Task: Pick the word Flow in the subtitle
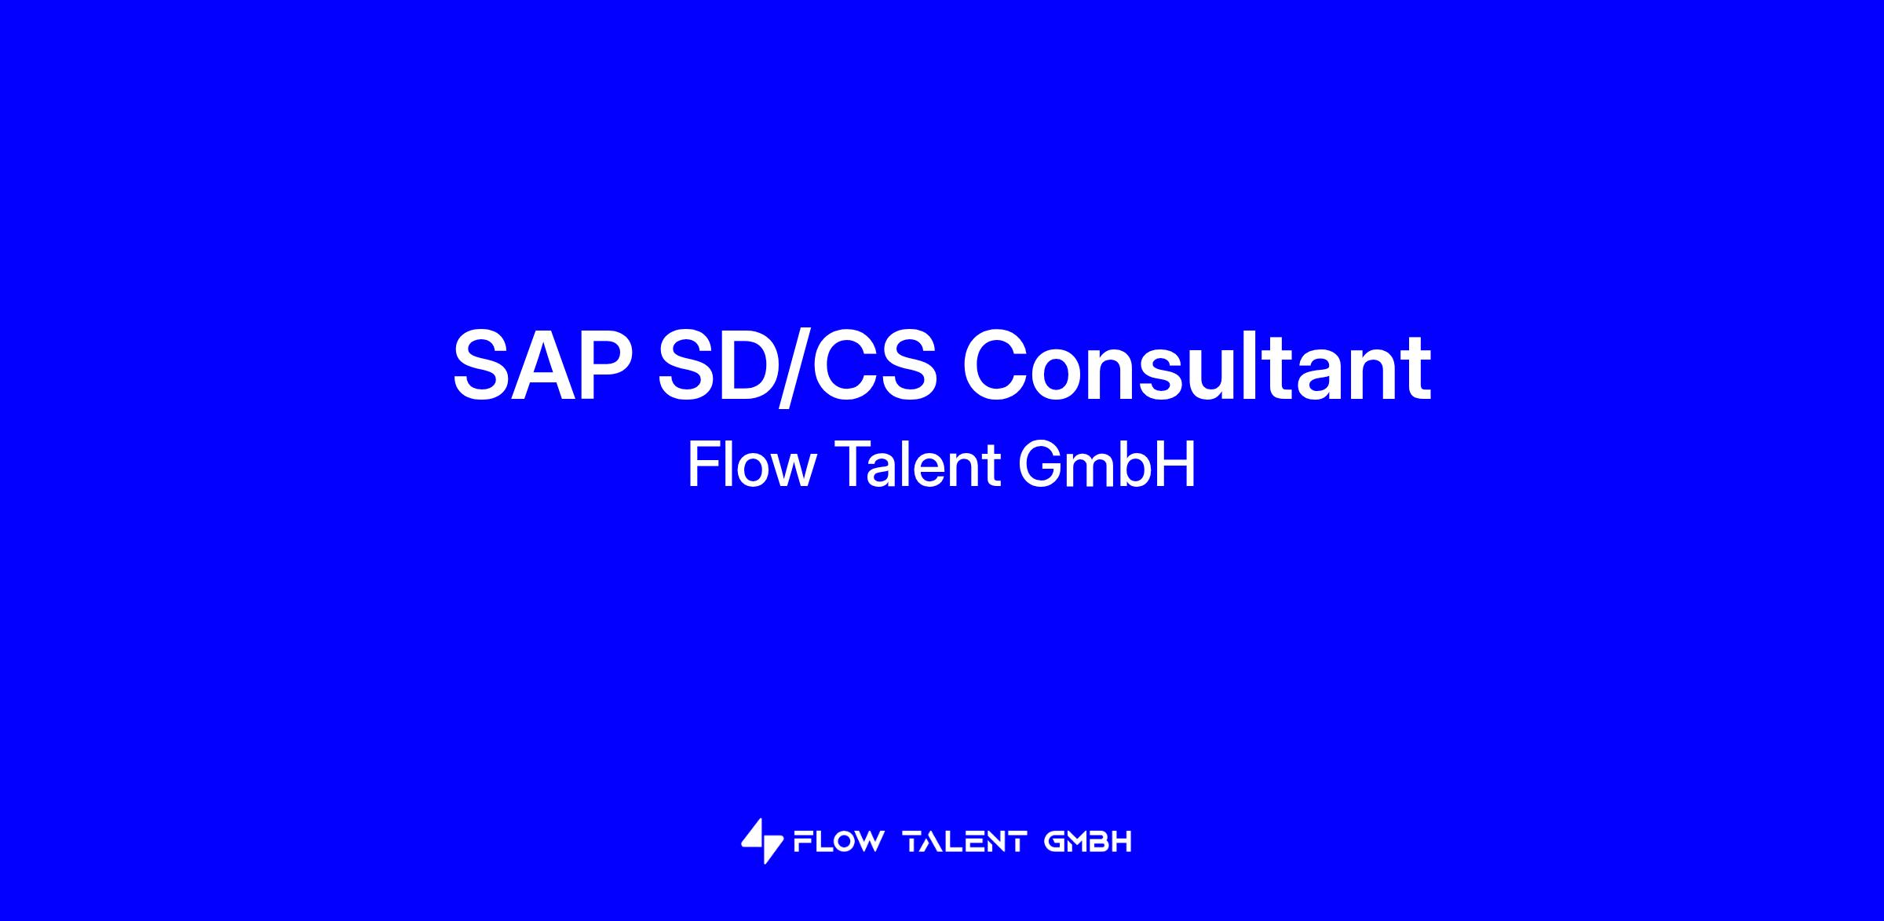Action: [751, 465]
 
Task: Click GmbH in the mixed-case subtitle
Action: [1107, 465]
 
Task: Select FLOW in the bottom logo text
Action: [838, 842]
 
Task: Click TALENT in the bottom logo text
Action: [966, 842]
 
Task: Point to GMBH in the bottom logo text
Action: [1088, 842]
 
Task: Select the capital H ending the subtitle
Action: [1177, 465]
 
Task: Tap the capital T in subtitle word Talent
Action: [852, 465]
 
